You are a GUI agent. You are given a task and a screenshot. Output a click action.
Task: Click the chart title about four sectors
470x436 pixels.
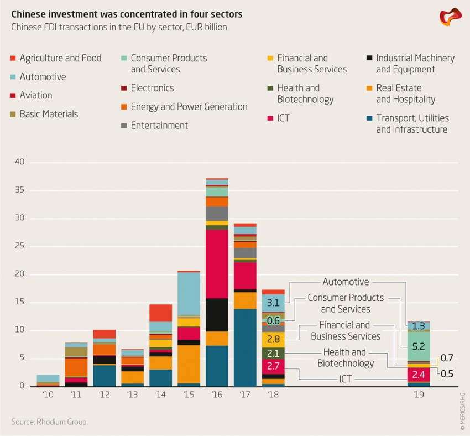[127, 14]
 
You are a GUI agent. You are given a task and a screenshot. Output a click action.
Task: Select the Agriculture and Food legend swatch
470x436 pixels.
[13, 58]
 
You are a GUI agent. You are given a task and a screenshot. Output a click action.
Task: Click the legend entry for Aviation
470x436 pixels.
[36, 95]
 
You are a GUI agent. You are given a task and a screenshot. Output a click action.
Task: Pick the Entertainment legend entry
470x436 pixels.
[159, 126]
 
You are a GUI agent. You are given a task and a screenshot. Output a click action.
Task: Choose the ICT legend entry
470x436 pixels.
[283, 118]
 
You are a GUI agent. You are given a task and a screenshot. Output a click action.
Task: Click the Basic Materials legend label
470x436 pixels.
[49, 114]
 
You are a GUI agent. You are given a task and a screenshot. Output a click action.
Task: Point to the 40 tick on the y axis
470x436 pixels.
[20, 162]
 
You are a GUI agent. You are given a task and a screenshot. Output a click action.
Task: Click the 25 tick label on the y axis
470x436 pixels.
[20, 246]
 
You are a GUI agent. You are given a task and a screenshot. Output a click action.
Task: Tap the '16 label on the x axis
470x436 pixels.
[217, 395]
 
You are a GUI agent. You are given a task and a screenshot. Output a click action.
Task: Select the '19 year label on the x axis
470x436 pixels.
[419, 395]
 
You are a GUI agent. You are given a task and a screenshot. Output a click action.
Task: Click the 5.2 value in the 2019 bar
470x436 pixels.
[419, 347]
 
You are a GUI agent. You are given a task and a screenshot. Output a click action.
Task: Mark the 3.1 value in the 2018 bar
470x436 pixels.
[273, 303]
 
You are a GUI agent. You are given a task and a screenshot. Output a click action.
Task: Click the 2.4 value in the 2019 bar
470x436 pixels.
[419, 375]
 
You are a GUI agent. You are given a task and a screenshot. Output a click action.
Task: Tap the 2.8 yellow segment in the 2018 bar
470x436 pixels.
[273, 339]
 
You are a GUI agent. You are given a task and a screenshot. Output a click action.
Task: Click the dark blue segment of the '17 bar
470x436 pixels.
[245, 347]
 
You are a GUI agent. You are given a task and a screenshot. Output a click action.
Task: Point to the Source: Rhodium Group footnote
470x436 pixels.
[50, 422]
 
